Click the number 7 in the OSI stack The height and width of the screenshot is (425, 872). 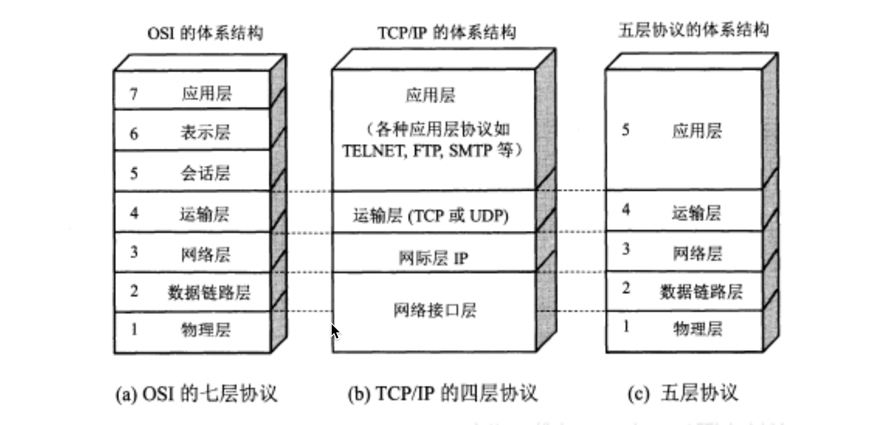point(134,94)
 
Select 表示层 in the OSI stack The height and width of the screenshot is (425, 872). point(206,133)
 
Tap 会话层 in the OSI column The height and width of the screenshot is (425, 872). point(206,173)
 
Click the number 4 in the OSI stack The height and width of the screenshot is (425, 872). point(134,213)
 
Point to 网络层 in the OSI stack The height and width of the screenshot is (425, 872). point(206,254)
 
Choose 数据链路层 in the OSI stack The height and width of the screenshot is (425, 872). point(209,292)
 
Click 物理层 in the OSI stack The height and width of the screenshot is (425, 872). point(206,330)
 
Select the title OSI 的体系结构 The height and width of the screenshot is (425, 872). point(205,33)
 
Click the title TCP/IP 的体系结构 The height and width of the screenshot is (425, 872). point(447,32)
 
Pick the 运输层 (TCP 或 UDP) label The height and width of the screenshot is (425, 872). point(431,216)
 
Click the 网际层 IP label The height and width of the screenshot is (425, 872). point(433,258)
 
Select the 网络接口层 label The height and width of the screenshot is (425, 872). point(434,310)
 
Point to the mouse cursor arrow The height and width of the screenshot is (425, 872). point(335,331)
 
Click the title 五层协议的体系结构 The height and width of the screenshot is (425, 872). point(693,30)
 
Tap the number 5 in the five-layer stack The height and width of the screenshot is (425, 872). point(626,130)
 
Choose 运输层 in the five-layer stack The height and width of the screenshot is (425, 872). point(696,212)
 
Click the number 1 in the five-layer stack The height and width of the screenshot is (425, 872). point(626,326)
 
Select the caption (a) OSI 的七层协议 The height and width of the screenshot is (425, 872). point(196,393)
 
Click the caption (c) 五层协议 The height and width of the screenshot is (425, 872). point(683,393)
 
